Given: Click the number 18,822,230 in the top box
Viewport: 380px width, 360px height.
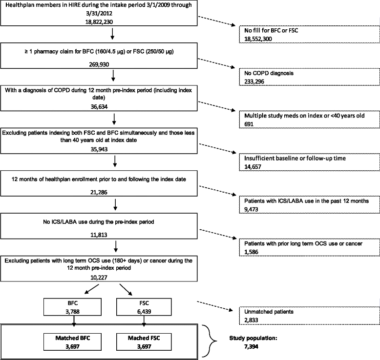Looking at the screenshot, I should tap(113, 22).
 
